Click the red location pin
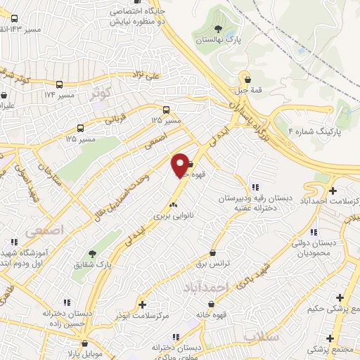[x=180, y=165]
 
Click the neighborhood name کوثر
[x=101, y=92]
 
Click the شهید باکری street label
[x=252, y=265]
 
